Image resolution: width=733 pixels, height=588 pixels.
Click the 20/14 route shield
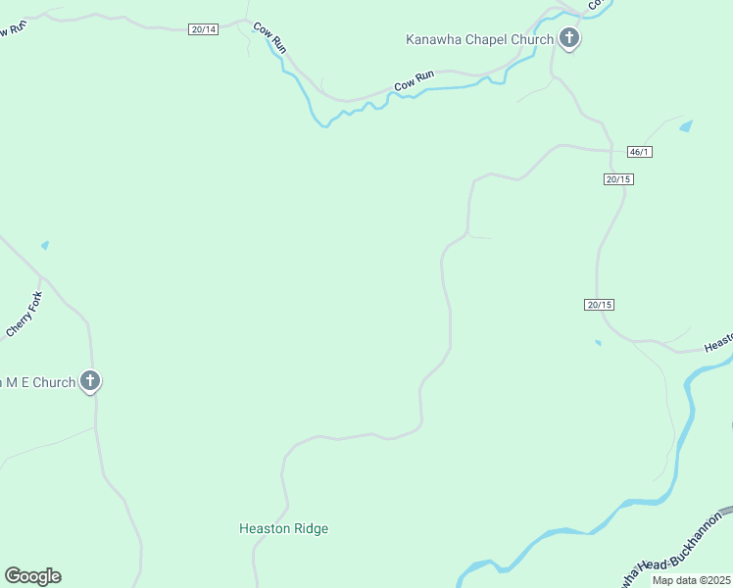tap(204, 29)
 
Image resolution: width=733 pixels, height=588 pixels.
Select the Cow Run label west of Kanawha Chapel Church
tap(415, 81)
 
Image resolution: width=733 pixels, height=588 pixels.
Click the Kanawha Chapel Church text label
tap(479, 39)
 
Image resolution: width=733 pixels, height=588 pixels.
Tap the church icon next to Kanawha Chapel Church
tap(568, 39)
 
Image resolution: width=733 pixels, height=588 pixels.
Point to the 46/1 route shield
tap(639, 152)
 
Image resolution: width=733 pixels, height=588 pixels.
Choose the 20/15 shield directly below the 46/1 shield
tap(618, 179)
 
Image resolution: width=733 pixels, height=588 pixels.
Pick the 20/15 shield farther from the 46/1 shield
tap(600, 305)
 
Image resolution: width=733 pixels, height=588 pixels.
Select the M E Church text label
tap(38, 382)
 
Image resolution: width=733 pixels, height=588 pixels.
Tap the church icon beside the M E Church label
tap(90, 381)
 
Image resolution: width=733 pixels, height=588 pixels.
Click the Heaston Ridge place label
tap(283, 529)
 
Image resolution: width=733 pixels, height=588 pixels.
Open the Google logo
tap(32, 576)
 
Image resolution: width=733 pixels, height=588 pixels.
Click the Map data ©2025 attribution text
tap(692, 580)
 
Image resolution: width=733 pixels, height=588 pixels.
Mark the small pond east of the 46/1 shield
tap(686, 126)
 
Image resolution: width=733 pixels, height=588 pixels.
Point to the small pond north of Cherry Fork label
tap(44, 245)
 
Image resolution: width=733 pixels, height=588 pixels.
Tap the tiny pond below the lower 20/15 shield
tap(598, 343)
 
